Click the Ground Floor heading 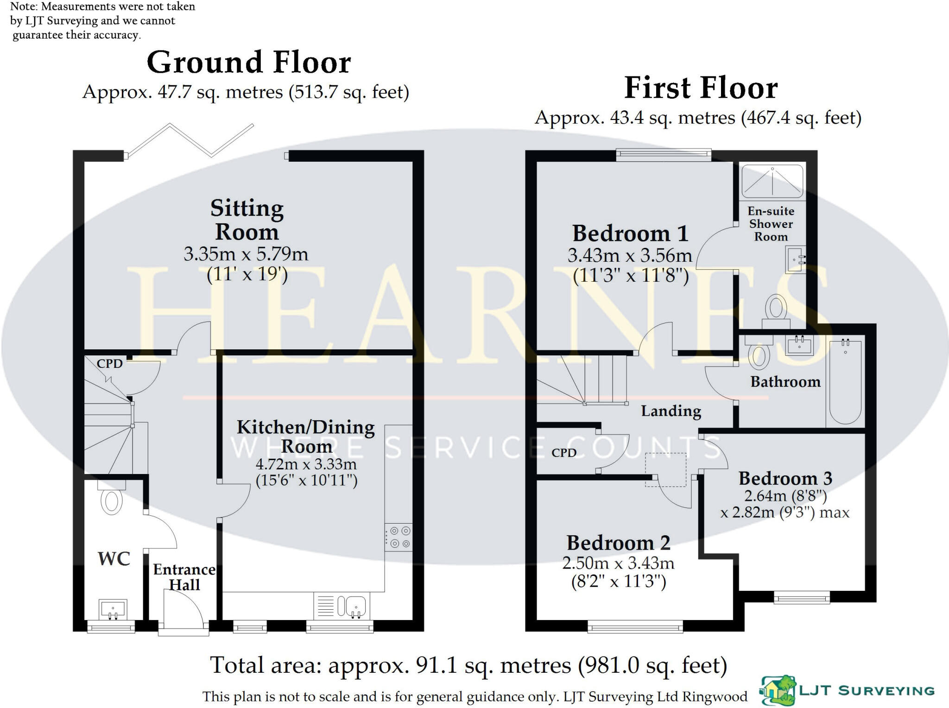(249, 63)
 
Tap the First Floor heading (701, 88)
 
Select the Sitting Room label (247, 220)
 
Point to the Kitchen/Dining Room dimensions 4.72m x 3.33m (306, 464)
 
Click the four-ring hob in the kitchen (399, 537)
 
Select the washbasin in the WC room (113, 609)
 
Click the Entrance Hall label (184, 577)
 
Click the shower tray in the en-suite (772, 181)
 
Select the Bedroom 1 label (630, 234)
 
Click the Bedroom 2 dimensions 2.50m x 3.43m (618, 563)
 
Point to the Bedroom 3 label (785, 478)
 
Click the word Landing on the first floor (671, 411)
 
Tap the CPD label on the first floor (564, 453)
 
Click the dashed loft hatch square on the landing (666, 470)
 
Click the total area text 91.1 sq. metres (468, 666)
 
